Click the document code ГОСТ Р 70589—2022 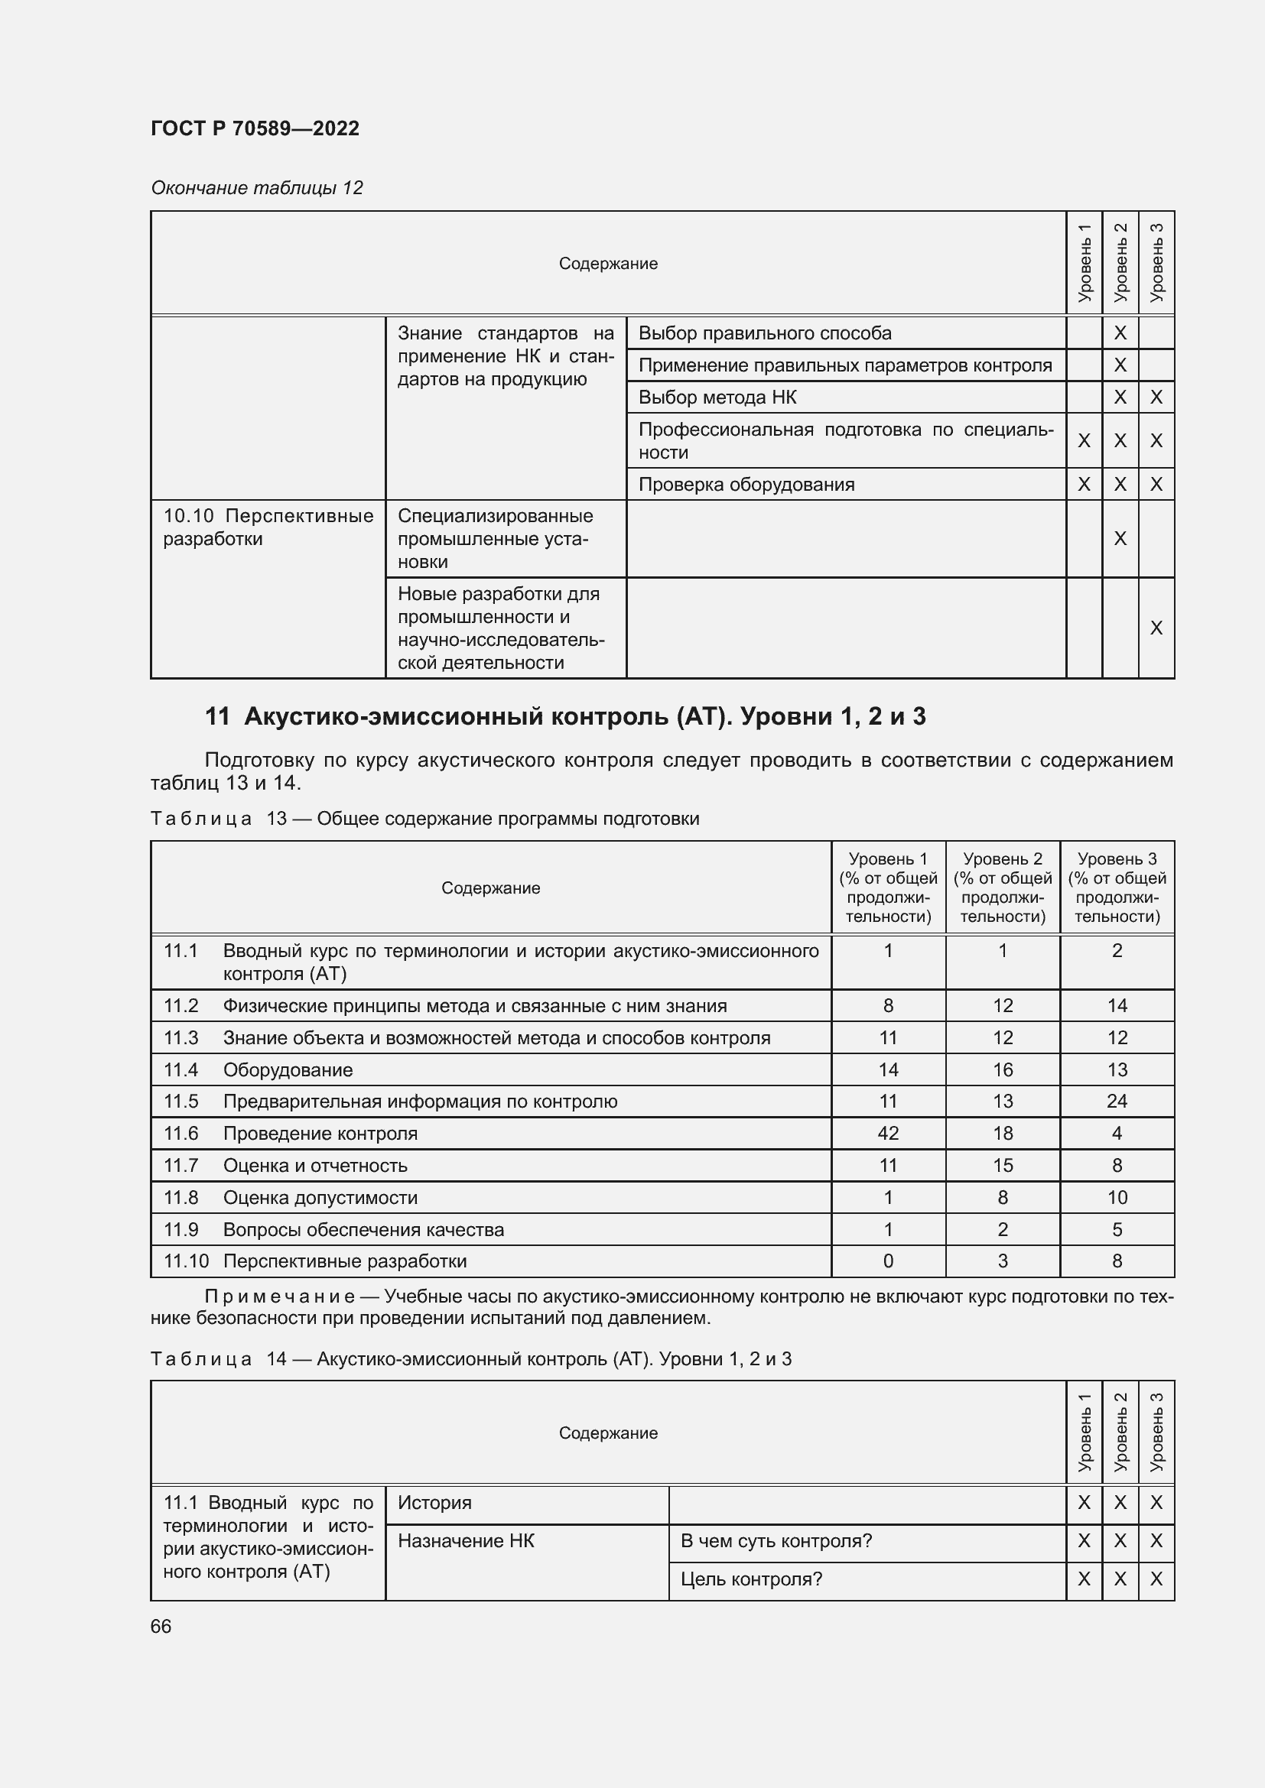(x=255, y=128)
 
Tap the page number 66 (x=161, y=1626)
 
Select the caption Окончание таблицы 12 (x=256, y=188)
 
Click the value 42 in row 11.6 (x=887, y=1133)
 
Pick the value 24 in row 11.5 (x=1116, y=1101)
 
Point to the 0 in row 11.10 (x=887, y=1261)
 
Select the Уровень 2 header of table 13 (x=1002, y=887)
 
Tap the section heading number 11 (x=216, y=716)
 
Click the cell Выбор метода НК (x=717, y=398)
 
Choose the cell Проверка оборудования (x=746, y=485)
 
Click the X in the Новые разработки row (x=1156, y=628)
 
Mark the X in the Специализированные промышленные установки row (x=1120, y=538)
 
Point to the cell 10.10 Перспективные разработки (x=267, y=527)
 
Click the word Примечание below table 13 (x=280, y=1296)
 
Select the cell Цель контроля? (x=751, y=1579)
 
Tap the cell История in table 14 (x=434, y=1502)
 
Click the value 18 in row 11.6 (x=1002, y=1133)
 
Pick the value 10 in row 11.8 (x=1116, y=1197)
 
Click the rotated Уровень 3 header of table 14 (x=1156, y=1432)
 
